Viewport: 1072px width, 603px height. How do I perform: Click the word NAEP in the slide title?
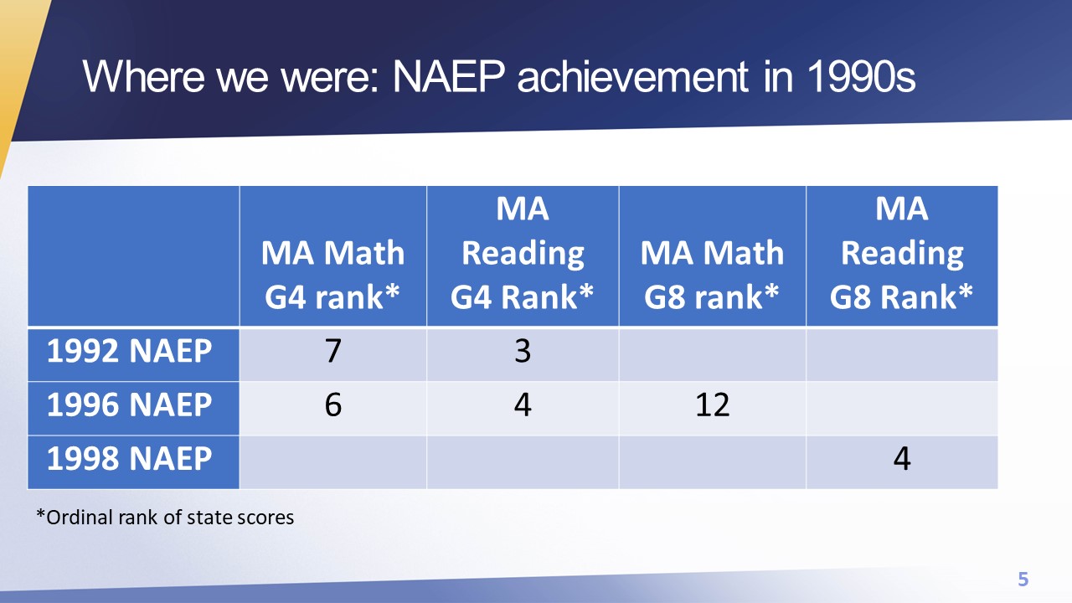pyautogui.click(x=449, y=76)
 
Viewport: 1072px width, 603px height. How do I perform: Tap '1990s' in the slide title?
pyautogui.click(x=862, y=76)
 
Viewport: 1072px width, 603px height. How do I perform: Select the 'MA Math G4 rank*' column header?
pyautogui.click(x=332, y=275)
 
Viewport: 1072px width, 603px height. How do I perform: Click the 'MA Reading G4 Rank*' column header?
pyautogui.click(x=522, y=253)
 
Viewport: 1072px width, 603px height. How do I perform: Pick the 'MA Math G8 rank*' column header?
pyautogui.click(x=712, y=275)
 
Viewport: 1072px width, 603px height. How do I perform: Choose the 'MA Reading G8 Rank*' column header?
pyautogui.click(x=902, y=253)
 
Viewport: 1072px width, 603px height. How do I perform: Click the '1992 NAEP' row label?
pyautogui.click(x=129, y=351)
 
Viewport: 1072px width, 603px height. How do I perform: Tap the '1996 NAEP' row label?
pyautogui.click(x=129, y=405)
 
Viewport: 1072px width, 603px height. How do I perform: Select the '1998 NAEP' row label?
pyautogui.click(x=129, y=458)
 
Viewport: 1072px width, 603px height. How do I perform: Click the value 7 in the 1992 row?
pyautogui.click(x=333, y=351)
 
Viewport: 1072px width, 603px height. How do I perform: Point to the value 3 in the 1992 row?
pyautogui.click(x=523, y=351)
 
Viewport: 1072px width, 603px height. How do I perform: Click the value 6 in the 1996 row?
pyautogui.click(x=333, y=405)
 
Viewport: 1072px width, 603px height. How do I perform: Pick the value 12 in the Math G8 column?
pyautogui.click(x=712, y=405)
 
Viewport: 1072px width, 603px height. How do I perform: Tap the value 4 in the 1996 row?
pyautogui.click(x=523, y=405)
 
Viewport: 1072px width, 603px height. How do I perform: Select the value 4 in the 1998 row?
pyautogui.click(x=902, y=458)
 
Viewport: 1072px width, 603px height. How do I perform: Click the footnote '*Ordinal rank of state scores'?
pyautogui.click(x=165, y=518)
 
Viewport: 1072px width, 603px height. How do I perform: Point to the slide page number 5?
pyautogui.click(x=1023, y=579)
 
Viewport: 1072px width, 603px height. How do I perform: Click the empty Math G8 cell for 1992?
pyautogui.click(x=712, y=354)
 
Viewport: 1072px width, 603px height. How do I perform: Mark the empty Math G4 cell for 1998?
pyautogui.click(x=333, y=462)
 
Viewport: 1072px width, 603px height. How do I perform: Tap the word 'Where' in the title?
pyautogui.click(x=143, y=76)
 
